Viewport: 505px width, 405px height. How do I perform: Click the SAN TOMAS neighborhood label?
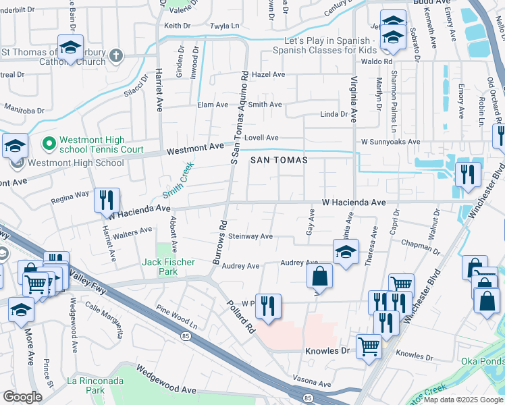pos(279,160)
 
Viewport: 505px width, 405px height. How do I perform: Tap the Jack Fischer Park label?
pos(168,267)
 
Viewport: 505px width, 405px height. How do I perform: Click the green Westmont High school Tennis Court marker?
pos(49,144)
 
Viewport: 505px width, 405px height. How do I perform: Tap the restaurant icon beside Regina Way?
pos(107,200)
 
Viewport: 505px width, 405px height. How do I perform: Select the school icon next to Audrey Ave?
pos(346,252)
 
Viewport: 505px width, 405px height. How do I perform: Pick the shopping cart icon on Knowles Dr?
pos(369,347)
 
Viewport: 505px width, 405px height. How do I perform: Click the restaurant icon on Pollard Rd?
pos(268,306)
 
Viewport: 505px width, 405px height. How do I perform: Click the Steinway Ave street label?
pos(250,236)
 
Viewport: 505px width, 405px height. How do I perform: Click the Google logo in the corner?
pos(22,397)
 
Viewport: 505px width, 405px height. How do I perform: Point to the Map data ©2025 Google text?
pos(463,400)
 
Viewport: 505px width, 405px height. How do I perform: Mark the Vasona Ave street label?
pos(311,383)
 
